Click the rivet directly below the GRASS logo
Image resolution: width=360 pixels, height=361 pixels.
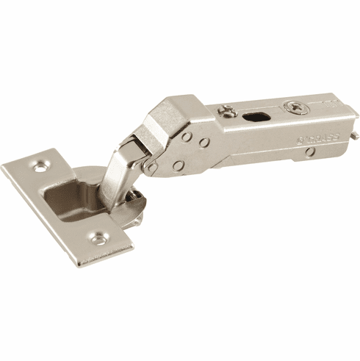tap(311, 151)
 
